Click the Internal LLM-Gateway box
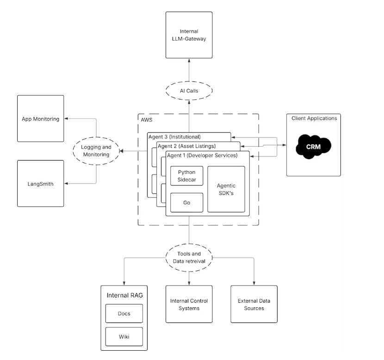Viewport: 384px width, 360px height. (x=189, y=35)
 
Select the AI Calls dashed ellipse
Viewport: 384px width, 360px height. (x=189, y=91)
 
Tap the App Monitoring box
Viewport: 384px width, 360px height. (x=41, y=118)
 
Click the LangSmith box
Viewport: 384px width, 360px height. (x=41, y=184)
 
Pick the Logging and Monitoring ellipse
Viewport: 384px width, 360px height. (x=96, y=151)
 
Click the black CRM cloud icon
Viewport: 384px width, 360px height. (x=314, y=146)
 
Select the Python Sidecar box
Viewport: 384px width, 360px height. (x=187, y=175)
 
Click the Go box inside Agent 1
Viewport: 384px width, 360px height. (x=187, y=203)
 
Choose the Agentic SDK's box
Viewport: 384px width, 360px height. (x=226, y=189)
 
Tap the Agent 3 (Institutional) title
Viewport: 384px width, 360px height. (x=174, y=137)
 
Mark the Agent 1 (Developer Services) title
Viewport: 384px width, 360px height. (x=202, y=155)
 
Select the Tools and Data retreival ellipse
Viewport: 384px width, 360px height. (x=189, y=257)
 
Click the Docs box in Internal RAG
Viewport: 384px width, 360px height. (x=124, y=313)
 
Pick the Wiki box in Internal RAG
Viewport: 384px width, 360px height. (x=124, y=336)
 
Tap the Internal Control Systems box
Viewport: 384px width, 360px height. (x=189, y=304)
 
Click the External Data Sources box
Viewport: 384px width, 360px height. (x=254, y=304)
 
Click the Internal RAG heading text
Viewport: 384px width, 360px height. (x=124, y=295)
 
